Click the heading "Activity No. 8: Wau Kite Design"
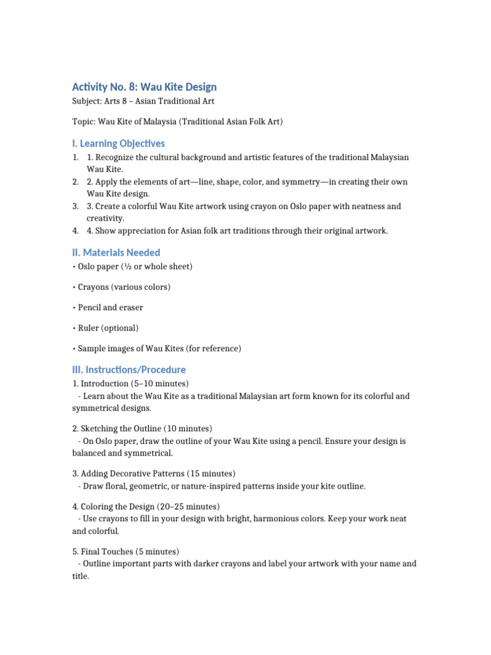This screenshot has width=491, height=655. pos(144,86)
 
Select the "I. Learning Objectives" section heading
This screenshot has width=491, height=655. pos(118,143)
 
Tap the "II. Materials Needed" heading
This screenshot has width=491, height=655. pos(116,253)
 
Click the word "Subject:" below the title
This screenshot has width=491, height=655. pos(86,101)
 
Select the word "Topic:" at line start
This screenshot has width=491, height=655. pos(84,122)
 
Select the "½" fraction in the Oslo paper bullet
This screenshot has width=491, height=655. pos(131,266)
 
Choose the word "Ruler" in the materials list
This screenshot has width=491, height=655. pos(89,328)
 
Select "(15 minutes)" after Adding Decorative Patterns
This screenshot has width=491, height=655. pos(211,473)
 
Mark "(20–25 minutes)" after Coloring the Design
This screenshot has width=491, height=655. pos(188,507)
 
